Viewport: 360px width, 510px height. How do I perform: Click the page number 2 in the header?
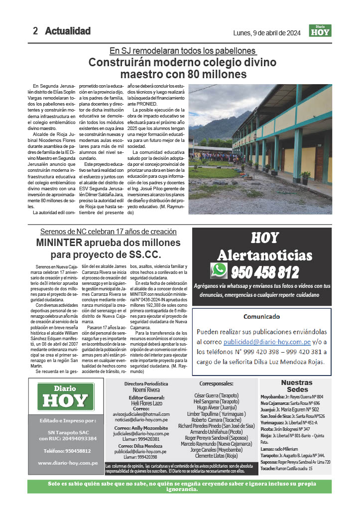pos(35,31)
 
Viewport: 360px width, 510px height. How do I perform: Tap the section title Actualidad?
pos(68,31)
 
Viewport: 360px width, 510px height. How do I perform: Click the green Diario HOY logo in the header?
pos(320,31)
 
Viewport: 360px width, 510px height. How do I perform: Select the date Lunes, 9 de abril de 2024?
pos(267,33)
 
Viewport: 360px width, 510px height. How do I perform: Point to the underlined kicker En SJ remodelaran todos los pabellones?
pos(182,51)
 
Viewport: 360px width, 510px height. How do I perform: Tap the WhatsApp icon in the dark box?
pos(219,270)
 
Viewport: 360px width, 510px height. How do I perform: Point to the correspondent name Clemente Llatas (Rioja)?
pos(216,455)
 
